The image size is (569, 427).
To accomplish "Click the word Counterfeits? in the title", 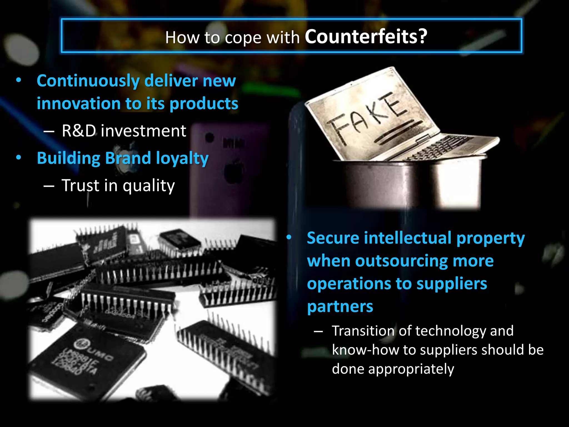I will [366, 37].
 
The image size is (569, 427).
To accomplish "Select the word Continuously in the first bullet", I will [88, 81].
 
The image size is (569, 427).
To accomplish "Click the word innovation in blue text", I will [79, 104].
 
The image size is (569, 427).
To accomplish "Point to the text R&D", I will [79, 131].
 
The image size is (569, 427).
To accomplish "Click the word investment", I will [143, 131].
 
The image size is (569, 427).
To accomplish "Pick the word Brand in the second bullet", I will [128, 158].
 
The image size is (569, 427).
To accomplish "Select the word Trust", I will [80, 185].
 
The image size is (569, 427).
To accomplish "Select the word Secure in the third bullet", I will [333, 238].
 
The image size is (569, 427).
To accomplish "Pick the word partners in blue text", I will [340, 307].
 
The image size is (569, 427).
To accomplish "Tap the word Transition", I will [363, 331].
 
